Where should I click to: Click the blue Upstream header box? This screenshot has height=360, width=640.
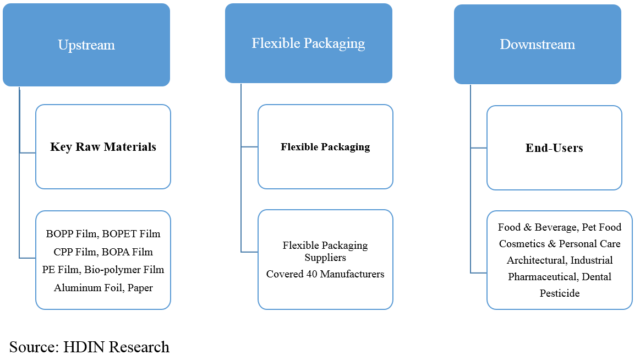point(86,45)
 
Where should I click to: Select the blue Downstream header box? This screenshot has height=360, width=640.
point(537,45)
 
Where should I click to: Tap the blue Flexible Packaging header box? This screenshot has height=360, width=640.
point(308,43)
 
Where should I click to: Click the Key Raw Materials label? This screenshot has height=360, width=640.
point(103,147)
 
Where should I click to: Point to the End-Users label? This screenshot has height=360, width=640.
point(554,148)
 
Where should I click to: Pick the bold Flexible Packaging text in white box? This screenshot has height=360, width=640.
point(325,147)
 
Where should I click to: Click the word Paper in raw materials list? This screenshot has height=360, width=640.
point(140,288)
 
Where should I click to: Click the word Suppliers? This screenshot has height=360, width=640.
point(325,258)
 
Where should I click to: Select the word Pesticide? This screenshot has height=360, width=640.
point(559,293)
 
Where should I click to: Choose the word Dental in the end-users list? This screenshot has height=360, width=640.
point(597,277)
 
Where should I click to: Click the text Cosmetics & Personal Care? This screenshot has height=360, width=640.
point(559,244)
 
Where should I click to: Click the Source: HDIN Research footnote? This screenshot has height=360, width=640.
point(89,347)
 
